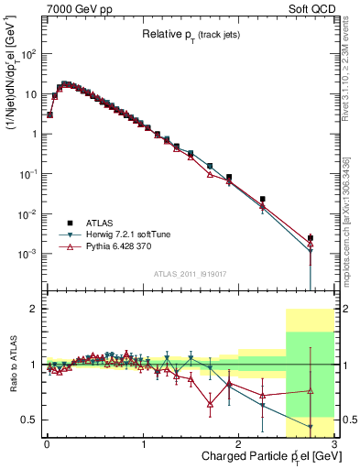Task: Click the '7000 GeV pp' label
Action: coord(72,8)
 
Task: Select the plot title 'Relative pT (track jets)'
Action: coord(189,34)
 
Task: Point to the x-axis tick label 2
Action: coord(239,444)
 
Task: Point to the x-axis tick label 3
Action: coord(335,444)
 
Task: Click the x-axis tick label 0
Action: coord(47,444)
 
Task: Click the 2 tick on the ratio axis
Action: coord(33,310)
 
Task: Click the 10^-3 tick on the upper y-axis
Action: coord(27,254)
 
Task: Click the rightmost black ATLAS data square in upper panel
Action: coord(311,238)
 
